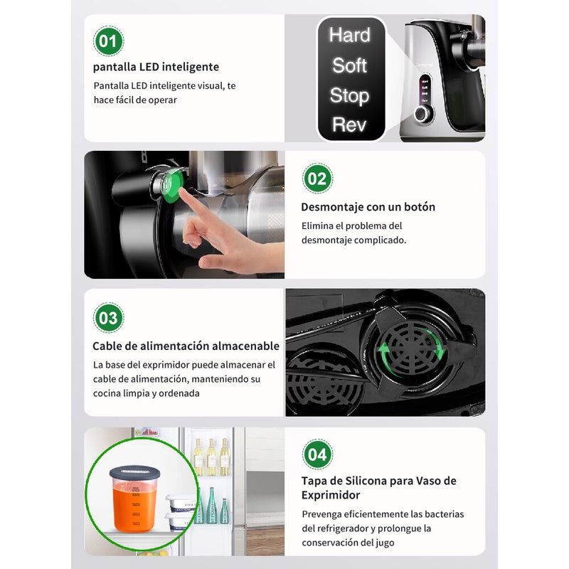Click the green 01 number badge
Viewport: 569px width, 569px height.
pyautogui.click(x=107, y=41)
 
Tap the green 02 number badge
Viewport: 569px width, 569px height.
pyautogui.click(x=317, y=178)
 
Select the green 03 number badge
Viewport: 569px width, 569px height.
pyautogui.click(x=108, y=317)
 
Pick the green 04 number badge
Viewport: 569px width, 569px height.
pyautogui.click(x=317, y=454)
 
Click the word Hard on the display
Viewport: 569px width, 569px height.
pyautogui.click(x=349, y=35)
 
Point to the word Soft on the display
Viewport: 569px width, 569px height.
pyautogui.click(x=349, y=65)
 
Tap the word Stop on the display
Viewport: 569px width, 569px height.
pyautogui.click(x=349, y=95)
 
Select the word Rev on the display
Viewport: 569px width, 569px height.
pyautogui.click(x=349, y=125)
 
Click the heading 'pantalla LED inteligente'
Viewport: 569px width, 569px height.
pyautogui.click(x=156, y=67)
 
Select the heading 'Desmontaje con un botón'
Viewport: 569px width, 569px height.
pyautogui.click(x=368, y=207)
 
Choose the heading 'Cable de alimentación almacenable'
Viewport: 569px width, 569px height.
pyautogui.click(x=186, y=346)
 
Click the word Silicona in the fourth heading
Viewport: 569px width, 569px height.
pyautogui.click(x=363, y=481)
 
